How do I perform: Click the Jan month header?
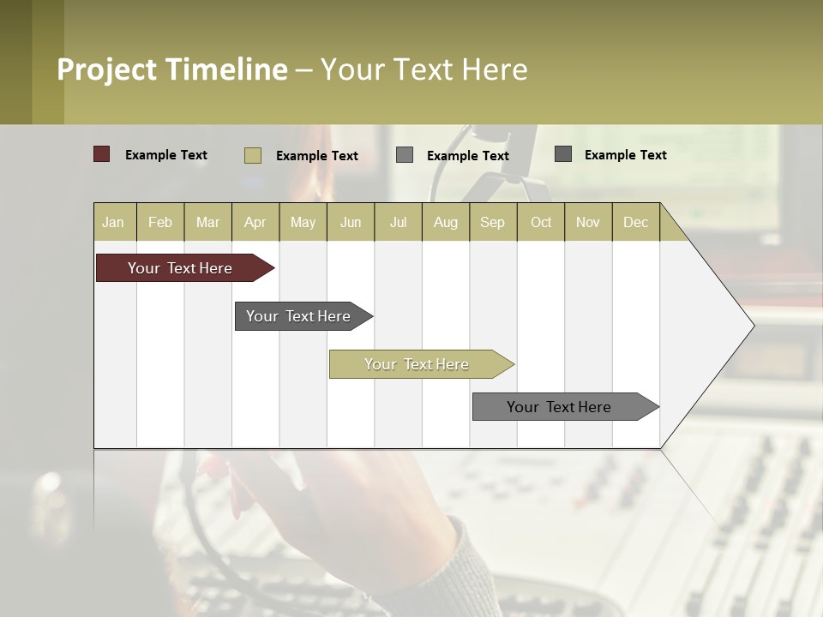click(113, 222)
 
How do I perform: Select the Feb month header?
click(160, 222)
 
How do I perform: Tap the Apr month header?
click(255, 222)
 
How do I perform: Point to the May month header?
click(303, 222)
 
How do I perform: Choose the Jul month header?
click(398, 222)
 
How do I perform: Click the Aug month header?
click(446, 222)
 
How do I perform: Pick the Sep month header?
click(493, 222)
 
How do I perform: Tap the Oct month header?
click(541, 222)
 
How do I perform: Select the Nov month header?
click(588, 222)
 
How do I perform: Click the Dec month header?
click(636, 222)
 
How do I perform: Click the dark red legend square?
click(102, 154)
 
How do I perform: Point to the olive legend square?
click(253, 155)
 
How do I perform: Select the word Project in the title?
click(108, 69)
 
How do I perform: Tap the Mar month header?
click(207, 222)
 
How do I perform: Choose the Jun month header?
click(351, 222)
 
